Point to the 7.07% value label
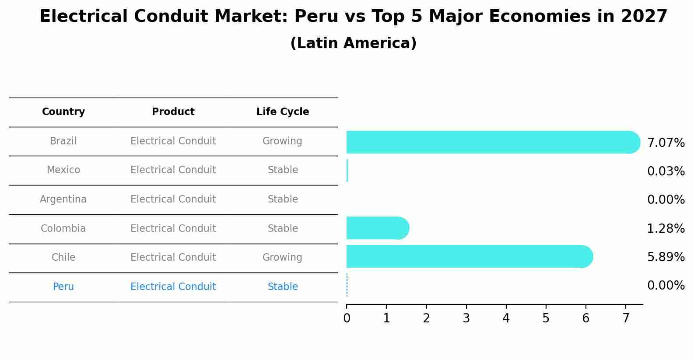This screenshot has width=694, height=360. (x=666, y=143)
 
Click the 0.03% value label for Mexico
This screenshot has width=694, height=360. (x=666, y=171)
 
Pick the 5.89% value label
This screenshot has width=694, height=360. (x=666, y=257)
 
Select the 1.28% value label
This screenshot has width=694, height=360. (x=666, y=228)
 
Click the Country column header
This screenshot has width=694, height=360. (x=63, y=112)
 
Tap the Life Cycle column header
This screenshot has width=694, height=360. (x=283, y=112)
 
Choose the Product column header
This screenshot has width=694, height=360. (x=173, y=112)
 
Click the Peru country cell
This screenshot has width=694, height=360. (x=63, y=287)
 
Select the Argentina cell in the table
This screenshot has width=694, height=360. (x=63, y=199)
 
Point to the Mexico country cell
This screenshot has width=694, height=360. (x=63, y=170)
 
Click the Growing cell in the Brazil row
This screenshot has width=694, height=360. (x=282, y=141)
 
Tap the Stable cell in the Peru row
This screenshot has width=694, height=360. (x=283, y=287)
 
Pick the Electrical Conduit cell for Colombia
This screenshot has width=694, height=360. (x=173, y=228)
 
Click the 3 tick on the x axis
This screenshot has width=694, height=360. (x=466, y=318)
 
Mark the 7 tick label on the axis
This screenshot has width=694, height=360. (x=626, y=318)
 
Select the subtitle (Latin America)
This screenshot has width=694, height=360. (x=353, y=43)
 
